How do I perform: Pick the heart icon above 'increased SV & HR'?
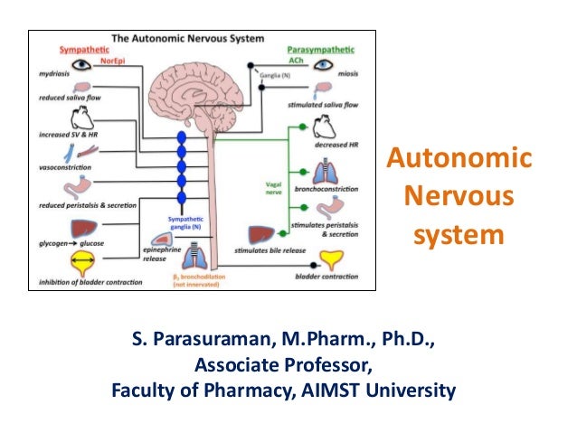(80, 119)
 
